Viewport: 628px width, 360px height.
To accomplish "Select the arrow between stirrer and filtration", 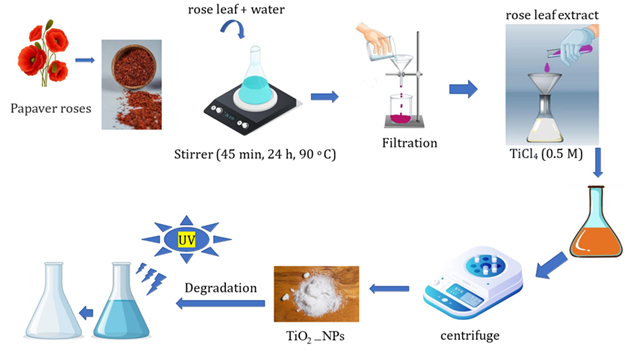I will click(x=322, y=96).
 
